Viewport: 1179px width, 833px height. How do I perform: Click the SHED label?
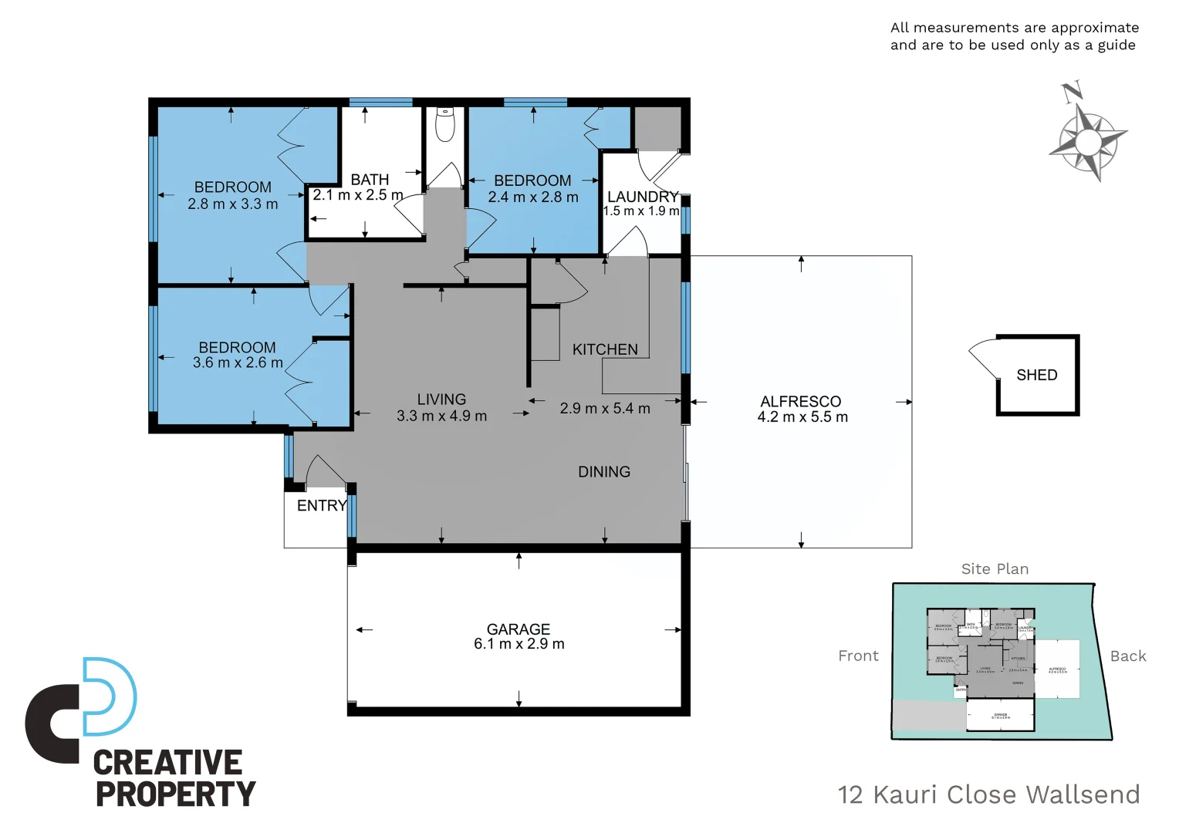tap(1036, 376)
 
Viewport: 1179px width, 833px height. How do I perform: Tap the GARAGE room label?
tap(519, 629)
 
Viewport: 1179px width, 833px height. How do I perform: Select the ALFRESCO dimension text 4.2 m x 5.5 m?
tap(802, 417)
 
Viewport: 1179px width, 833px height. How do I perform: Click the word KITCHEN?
tap(605, 349)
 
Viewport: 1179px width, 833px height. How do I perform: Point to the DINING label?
tap(604, 472)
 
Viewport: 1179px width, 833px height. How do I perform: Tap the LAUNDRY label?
tap(643, 197)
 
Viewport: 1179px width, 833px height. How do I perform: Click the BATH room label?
tap(370, 180)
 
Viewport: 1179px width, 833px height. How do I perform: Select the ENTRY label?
tap(322, 506)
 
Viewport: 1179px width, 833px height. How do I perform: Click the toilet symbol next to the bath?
tap(445, 125)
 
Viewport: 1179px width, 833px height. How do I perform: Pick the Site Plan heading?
tap(995, 569)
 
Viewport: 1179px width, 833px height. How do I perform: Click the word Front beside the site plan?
tap(858, 656)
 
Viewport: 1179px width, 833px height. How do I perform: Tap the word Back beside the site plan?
tap(1127, 656)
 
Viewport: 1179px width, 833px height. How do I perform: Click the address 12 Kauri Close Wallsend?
tap(988, 794)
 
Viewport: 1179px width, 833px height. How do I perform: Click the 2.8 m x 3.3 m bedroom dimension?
tap(233, 204)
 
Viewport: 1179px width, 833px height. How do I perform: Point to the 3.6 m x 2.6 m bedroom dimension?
tap(238, 363)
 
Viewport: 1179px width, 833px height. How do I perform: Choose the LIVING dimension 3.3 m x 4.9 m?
tap(441, 416)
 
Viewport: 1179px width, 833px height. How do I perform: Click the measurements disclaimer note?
tap(1014, 36)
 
